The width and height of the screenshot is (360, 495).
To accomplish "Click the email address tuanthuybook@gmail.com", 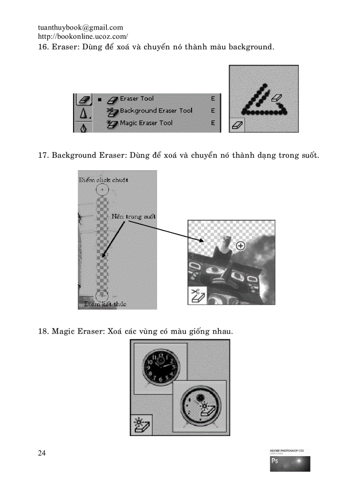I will (80, 27).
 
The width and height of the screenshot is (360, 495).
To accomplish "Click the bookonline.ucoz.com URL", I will (83, 37).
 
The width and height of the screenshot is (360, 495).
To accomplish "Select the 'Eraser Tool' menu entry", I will (137, 99).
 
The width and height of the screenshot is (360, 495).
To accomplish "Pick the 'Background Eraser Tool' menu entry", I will (156, 111).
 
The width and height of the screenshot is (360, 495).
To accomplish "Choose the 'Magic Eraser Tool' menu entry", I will (146, 123).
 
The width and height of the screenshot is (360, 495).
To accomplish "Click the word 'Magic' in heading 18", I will (64, 331).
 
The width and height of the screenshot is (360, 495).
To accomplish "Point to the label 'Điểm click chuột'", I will (103, 180).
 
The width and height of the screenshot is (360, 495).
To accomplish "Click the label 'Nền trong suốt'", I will (133, 216).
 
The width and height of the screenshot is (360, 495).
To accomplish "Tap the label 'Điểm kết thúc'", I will (105, 304).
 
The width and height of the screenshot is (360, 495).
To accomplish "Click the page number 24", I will (42, 453).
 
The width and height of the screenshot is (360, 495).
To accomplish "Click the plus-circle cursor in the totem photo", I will (240, 246).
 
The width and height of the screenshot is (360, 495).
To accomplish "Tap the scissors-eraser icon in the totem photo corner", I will (196, 295).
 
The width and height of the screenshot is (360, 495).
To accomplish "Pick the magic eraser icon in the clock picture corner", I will (141, 425).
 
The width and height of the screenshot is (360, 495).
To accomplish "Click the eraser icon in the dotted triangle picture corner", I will (237, 125).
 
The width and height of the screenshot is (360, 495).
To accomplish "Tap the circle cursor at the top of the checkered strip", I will (102, 190).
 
